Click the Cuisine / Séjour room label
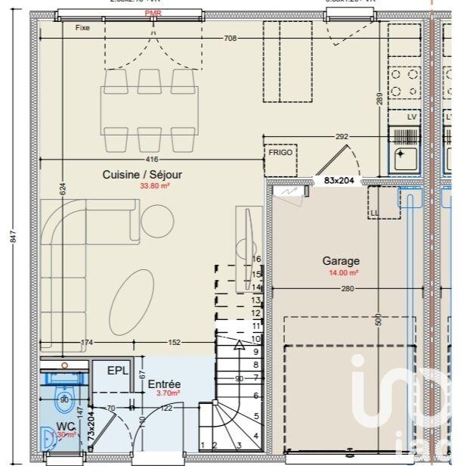[x=142, y=174]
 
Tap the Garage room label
[x=341, y=260]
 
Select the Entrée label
[x=163, y=384]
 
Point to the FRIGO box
[x=280, y=152]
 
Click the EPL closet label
[x=116, y=371]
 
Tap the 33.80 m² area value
[x=154, y=185]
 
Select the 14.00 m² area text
[x=342, y=272]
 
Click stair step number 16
[x=255, y=259]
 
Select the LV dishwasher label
[x=412, y=117]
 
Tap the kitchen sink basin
[x=404, y=157]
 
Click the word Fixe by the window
[x=82, y=28]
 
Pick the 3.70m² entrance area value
[x=168, y=393]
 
